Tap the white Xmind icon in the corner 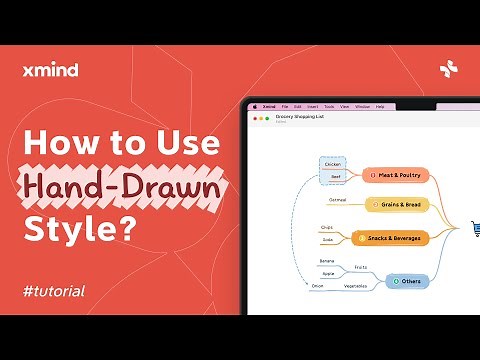tap(448, 69)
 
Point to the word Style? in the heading tap(79, 229)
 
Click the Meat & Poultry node tap(396, 175)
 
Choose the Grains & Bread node tap(400, 204)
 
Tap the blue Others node tap(407, 282)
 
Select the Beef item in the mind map tap(336, 176)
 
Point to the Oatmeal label tap(337, 200)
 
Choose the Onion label tap(317, 287)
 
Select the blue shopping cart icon tap(474, 229)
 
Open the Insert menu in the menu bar tap(313, 106)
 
